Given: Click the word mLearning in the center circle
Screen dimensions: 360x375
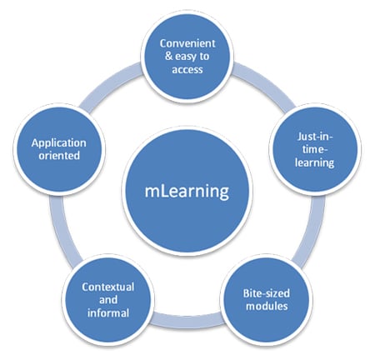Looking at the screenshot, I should [x=187, y=191].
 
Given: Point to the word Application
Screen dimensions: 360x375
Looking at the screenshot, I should [x=59, y=142].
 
